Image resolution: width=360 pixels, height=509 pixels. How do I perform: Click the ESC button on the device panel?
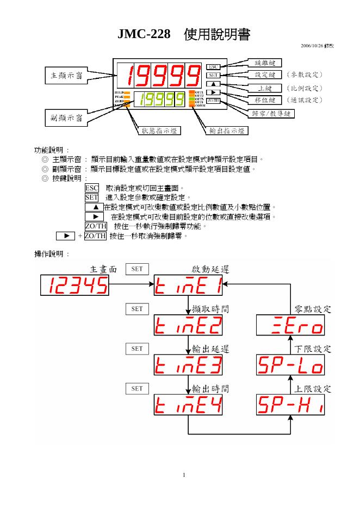click(213, 66)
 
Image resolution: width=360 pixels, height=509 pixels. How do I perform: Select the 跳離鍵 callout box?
click(265, 63)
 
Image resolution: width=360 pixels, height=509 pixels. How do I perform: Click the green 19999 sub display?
click(162, 100)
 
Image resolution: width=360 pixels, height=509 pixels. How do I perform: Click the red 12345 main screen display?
click(75, 285)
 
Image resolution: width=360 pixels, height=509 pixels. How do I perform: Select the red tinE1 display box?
click(188, 285)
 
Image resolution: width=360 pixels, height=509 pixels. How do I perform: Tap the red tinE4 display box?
click(188, 405)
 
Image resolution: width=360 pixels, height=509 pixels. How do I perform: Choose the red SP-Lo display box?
click(290, 365)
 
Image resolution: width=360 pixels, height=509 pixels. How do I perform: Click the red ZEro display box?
click(290, 325)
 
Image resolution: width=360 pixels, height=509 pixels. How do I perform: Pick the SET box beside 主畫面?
click(137, 269)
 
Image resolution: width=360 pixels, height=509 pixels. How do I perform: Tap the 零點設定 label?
click(313, 309)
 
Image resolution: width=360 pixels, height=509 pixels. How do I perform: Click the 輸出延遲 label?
click(210, 349)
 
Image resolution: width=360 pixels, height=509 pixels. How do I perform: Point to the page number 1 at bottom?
click(184, 475)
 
